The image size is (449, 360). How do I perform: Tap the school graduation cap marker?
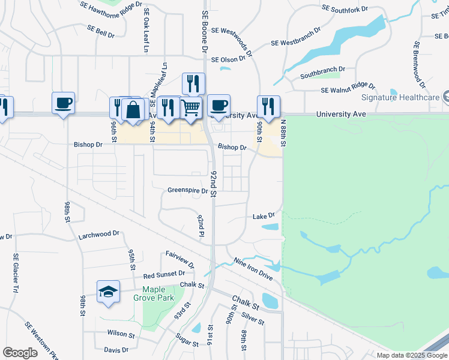[108, 292]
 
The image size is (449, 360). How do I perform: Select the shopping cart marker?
[191, 108]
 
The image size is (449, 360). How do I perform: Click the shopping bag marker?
[133, 110]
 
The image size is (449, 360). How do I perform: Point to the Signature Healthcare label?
[400, 97]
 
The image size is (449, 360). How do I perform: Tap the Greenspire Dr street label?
[187, 191]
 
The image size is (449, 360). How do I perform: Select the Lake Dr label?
[263, 215]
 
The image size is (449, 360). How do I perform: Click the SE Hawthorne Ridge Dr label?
[112, 5]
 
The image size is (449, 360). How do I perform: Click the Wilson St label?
[121, 334]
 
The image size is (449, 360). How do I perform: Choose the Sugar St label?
[187, 341]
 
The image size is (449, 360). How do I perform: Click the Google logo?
[20, 352]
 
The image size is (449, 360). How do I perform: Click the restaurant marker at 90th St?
[268, 106]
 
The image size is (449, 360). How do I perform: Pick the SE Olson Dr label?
[229, 60]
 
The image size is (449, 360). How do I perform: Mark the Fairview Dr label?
[179, 259]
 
